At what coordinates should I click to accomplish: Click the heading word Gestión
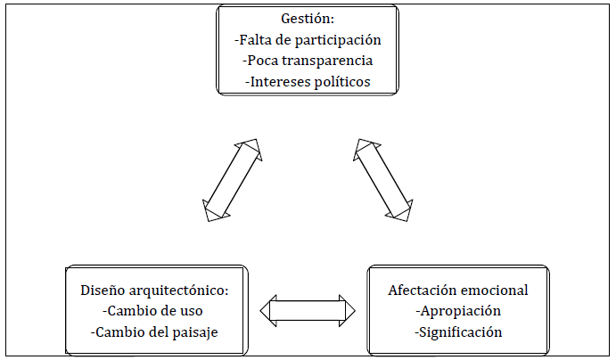click(308, 20)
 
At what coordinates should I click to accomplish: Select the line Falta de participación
click(308, 40)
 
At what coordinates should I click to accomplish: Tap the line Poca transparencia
click(308, 61)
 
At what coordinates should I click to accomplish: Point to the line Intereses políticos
click(308, 82)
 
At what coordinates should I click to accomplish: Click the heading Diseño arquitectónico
click(155, 290)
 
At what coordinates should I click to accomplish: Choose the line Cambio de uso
click(152, 311)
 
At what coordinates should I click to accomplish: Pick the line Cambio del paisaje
click(154, 332)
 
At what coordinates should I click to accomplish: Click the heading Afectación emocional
click(458, 290)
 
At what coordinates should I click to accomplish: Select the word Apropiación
click(458, 311)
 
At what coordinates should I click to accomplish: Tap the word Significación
click(458, 332)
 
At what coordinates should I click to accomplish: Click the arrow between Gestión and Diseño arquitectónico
click(231, 179)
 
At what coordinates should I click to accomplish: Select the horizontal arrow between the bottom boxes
click(308, 310)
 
